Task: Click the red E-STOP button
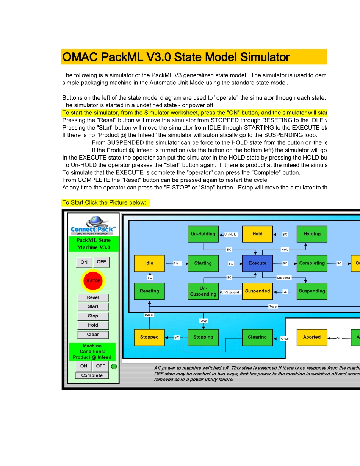[93, 281]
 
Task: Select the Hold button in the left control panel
[93, 325]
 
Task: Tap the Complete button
[92, 375]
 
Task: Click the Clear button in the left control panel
[93, 335]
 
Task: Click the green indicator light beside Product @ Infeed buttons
[114, 366]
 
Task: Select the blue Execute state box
[257, 263]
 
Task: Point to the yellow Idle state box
[149, 263]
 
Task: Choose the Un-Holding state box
[203, 234]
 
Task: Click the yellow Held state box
[257, 234]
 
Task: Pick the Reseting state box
[149, 291]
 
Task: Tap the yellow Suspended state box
[257, 291]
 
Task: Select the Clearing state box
[257, 337]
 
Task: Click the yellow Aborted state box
[312, 337]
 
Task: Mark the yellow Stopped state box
[149, 337]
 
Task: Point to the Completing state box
[312, 263]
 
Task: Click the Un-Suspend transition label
[230, 292]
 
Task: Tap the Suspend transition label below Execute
[283, 278]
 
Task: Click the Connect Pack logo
[93, 226]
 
